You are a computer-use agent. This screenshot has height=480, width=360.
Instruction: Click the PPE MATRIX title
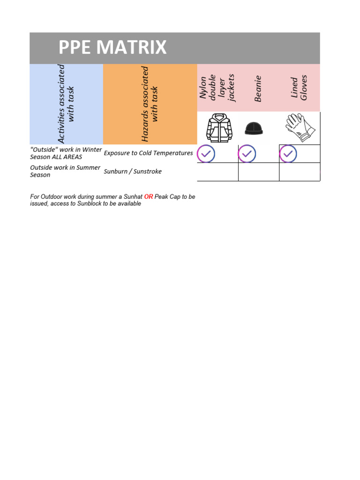pos(112,48)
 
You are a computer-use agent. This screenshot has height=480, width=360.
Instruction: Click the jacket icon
pos(219,127)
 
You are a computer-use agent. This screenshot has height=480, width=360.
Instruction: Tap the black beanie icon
pos(255,128)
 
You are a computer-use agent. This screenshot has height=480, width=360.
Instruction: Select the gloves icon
pos(298,127)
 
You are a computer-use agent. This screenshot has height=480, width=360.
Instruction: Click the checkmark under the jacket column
pos(206,154)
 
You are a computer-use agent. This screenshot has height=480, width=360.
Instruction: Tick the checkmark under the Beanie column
pos(247,154)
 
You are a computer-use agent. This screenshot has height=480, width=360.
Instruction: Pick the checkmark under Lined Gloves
pos(288,154)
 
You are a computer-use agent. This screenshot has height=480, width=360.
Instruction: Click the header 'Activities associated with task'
pos(66,104)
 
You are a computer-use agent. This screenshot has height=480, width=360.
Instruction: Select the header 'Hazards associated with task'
pos(150,104)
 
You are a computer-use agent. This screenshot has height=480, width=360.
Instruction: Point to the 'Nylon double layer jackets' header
pos(217,88)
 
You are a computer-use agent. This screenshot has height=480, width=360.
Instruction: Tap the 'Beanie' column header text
pos(258,89)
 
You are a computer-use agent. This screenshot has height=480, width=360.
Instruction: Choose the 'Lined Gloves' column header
pos(299,88)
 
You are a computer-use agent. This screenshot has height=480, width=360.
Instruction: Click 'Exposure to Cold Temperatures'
pos(148,153)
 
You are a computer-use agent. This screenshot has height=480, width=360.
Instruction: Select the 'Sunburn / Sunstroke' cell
pos(133,172)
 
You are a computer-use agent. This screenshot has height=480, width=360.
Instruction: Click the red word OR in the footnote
pos(149,197)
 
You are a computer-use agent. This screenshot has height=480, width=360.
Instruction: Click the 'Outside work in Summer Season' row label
pos(65,171)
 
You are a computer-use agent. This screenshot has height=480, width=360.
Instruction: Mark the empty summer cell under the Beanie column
pos(258,172)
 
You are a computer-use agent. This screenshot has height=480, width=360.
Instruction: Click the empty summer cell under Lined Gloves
pos(300,172)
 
